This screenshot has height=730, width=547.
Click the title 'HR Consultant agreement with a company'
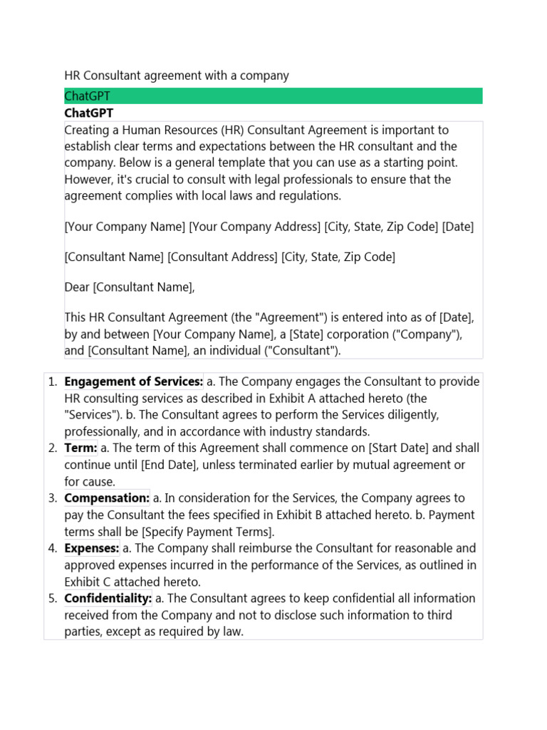(177, 76)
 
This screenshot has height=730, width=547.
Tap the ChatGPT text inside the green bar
(87, 96)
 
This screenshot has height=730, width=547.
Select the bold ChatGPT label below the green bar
(89, 113)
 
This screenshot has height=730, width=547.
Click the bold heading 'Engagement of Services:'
(134, 381)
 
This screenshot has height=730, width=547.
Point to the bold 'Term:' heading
(80, 448)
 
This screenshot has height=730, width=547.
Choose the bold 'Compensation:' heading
(107, 498)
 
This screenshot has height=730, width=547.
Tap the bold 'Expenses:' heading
(92, 548)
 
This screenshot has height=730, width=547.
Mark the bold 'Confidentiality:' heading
(108, 598)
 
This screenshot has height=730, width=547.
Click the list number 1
(52, 381)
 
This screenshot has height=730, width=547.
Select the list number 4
(52, 548)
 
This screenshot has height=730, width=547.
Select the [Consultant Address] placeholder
(222, 257)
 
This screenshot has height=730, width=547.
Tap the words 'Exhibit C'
(89, 582)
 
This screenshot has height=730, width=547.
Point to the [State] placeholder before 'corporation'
(319, 334)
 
